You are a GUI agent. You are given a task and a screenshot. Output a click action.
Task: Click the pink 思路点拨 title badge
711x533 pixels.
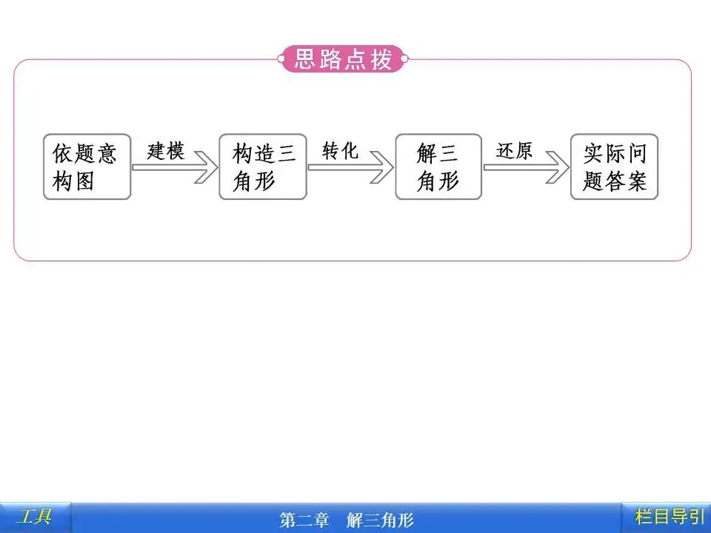343,59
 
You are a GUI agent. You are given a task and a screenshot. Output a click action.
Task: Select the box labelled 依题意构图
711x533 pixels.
87,167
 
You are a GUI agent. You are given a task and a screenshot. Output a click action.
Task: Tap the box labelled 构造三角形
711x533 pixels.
262,167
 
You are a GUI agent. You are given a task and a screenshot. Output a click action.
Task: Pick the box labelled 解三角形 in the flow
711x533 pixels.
438,167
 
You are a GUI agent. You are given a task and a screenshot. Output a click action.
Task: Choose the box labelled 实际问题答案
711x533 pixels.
614,167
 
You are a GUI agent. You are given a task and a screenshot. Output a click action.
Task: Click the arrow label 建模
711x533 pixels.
166,151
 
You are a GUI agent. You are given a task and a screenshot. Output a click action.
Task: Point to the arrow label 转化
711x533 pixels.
341,151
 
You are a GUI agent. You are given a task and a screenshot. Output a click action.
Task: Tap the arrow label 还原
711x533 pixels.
515,151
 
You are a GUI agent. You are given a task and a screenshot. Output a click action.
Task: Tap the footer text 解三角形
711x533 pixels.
379,520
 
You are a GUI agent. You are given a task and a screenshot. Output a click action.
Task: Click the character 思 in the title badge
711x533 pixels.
307,59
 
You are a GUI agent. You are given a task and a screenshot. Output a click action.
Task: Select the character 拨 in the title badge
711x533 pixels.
381,59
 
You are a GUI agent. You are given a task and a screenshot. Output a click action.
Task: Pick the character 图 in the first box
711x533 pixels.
85,181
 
